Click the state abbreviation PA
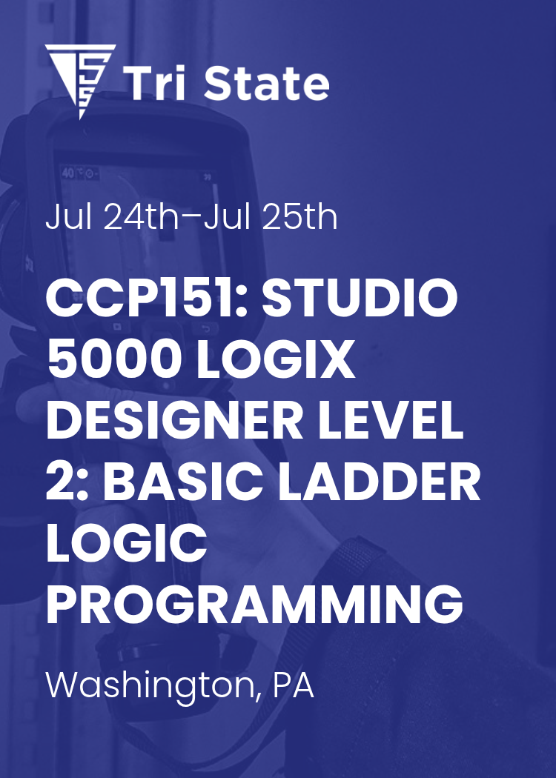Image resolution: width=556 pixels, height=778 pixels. click(x=294, y=685)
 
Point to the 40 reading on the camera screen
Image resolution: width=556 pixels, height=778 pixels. click(x=68, y=173)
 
